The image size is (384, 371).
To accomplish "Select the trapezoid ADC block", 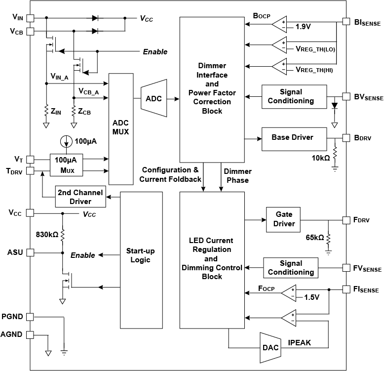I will (x=153, y=98).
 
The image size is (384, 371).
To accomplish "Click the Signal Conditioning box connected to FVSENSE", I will (x=290, y=268).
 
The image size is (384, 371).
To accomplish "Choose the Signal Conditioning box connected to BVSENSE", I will (x=294, y=96).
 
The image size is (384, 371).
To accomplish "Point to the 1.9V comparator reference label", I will (x=303, y=27).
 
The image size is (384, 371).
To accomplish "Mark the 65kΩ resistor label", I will (x=314, y=238).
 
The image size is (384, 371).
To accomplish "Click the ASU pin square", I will (x=30, y=252).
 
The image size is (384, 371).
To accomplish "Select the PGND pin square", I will (x=30, y=316).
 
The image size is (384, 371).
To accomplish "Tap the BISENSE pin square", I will (x=346, y=22).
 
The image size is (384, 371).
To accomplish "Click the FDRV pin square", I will (x=346, y=220).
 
